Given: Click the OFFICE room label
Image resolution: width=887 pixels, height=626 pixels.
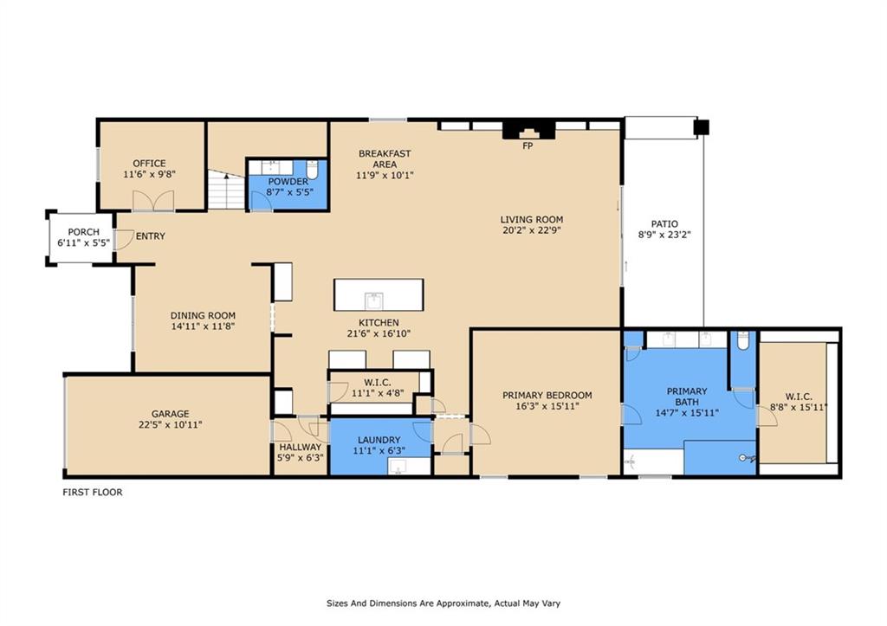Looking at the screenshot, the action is coord(149,164).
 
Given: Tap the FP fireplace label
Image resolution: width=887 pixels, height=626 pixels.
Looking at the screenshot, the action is coord(528,146).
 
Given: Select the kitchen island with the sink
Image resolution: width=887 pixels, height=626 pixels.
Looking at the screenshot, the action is coord(379,294).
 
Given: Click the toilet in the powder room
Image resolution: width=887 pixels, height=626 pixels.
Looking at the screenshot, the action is coord(312,170).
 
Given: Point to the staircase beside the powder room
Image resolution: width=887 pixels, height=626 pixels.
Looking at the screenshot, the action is coord(226,190).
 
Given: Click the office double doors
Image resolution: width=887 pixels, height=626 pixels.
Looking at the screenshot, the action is coord(153,201).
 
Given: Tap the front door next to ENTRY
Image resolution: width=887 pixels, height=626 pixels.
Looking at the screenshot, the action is coord(124,240).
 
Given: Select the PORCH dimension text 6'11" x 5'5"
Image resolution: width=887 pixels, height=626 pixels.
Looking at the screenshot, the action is coord(83,243).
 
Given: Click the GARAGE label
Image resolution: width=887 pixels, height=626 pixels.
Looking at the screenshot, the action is coord(171,414).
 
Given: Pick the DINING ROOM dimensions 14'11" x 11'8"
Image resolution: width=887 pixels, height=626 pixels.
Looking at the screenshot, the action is coord(203,326).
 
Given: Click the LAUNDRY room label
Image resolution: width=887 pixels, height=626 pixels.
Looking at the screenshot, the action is coord(379,440).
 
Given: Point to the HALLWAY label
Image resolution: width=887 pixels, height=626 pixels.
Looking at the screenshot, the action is coord(300,447).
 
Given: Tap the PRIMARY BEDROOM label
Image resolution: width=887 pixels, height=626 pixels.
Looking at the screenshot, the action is coord(547,396).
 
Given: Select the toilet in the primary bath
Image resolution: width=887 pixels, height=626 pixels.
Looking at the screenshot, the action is coord(742,340).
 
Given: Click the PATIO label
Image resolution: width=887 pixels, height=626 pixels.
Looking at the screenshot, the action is coord(664,224).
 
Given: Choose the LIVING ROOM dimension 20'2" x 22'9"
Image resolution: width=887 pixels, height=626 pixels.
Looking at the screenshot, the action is coord(532,230).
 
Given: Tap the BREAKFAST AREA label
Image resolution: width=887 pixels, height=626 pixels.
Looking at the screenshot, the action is coord(385,159).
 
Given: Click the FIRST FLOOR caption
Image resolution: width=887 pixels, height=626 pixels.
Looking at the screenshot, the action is coord(92,493).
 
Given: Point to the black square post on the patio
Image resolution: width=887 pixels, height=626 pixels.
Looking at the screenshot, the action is coord(702,127).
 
